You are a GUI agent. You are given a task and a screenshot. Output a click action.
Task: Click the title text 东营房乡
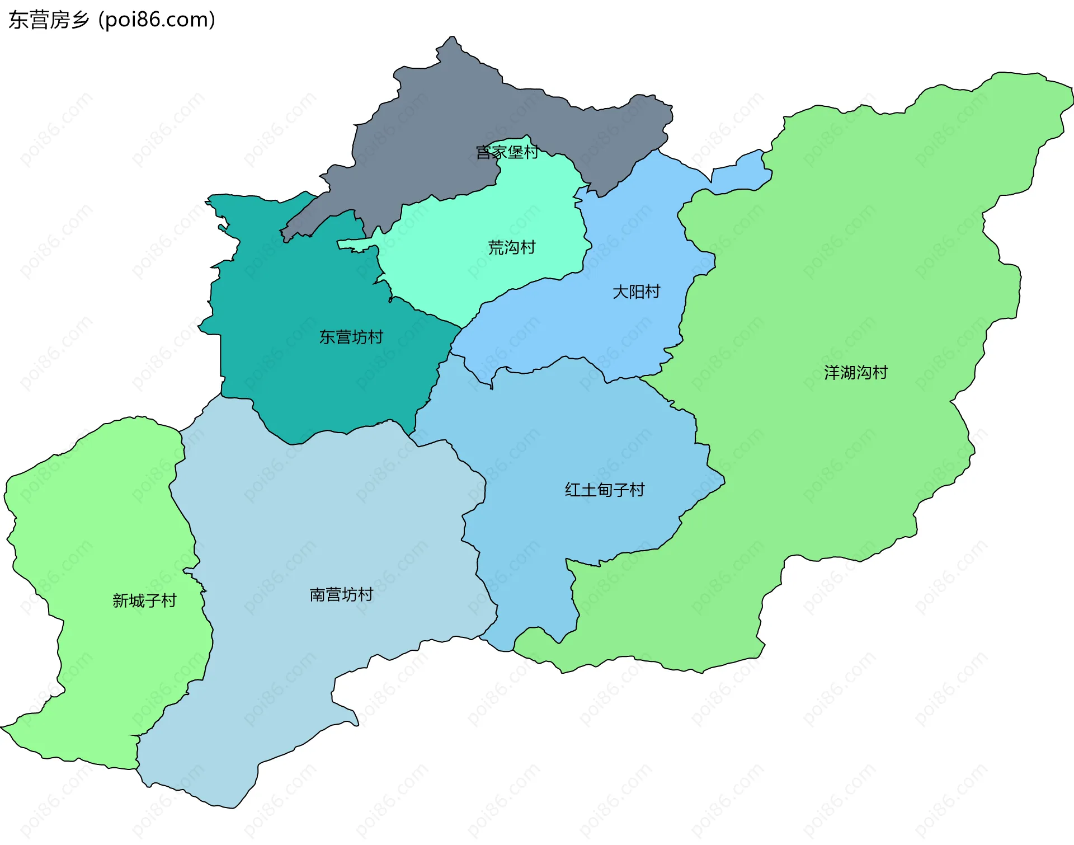click(49, 20)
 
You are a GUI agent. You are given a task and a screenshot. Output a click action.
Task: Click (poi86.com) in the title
click(157, 20)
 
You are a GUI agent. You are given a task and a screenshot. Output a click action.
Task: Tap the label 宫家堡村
click(507, 152)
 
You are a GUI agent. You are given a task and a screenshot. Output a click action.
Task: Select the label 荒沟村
click(511, 247)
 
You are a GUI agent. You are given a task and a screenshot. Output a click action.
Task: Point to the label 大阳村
click(636, 292)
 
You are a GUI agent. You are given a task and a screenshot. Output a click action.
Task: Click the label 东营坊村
click(351, 337)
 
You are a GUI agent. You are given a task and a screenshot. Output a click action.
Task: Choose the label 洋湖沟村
click(855, 373)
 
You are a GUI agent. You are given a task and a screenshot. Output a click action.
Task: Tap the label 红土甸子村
click(604, 490)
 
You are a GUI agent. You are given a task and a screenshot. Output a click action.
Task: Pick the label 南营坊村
click(341, 594)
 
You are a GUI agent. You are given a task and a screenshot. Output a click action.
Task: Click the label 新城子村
click(144, 601)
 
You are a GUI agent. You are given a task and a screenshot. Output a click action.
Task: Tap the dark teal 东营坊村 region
click(313, 381)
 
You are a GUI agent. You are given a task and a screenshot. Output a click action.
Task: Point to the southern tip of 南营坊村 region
click(230, 807)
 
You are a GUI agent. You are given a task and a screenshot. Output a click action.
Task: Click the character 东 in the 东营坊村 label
click(327, 337)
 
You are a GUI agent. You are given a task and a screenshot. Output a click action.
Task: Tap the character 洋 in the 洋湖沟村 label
click(831, 373)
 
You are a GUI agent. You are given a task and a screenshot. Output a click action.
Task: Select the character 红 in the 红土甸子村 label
click(572, 490)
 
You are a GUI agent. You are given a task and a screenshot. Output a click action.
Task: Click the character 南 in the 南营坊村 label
click(317, 594)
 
